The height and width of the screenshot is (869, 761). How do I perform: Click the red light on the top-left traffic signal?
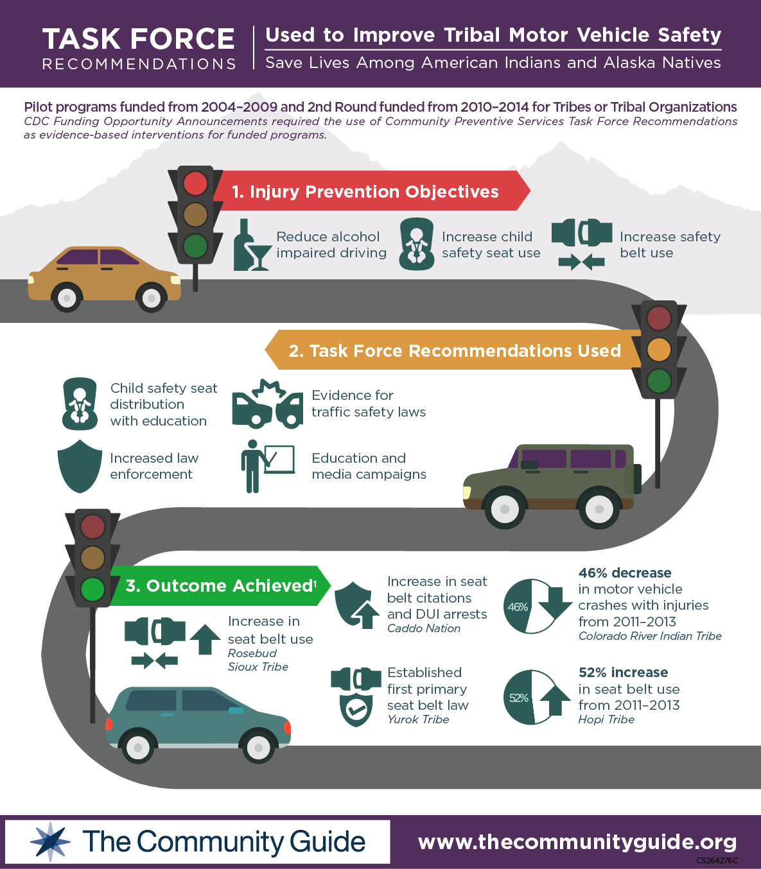[195, 184]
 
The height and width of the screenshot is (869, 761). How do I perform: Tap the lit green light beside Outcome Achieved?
[92, 589]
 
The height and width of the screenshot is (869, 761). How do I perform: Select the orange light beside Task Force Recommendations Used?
[659, 350]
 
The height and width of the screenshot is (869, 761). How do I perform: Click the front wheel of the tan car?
[152, 298]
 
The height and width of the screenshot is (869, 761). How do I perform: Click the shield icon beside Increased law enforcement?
[80, 466]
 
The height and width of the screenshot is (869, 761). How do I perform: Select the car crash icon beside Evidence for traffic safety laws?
[267, 404]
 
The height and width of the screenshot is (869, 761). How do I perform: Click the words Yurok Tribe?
[418, 719]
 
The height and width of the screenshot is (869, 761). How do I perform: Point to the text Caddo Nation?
[424, 628]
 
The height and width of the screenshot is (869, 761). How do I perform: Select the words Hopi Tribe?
[606, 719]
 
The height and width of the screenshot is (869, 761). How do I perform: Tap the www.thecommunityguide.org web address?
[577, 841]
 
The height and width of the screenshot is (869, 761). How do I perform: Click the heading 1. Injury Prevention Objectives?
[365, 191]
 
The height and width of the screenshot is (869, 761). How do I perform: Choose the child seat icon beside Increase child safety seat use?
[417, 244]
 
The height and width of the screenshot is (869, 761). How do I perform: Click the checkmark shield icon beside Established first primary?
[356, 709]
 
